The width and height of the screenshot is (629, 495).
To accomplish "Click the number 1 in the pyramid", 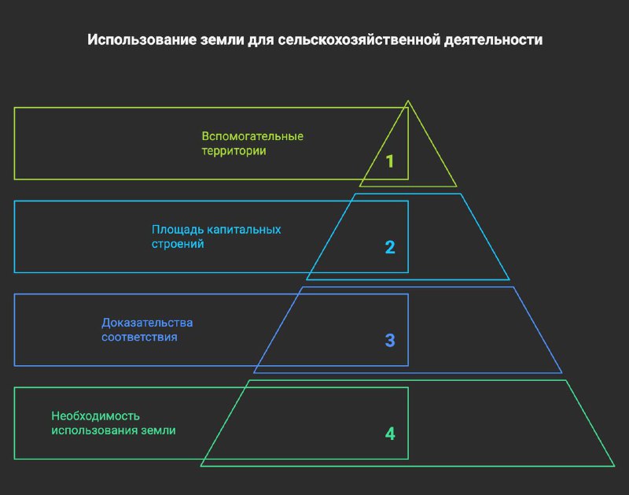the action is pos(389,161).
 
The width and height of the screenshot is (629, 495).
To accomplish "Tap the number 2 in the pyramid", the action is pos(390,247).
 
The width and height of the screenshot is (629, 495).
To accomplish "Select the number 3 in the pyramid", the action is pos(390,341).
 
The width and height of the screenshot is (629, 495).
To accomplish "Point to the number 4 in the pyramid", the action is pos(390,434).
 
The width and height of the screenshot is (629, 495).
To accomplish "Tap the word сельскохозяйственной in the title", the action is pos(359,40).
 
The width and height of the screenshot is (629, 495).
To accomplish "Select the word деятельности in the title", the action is pos(493,40).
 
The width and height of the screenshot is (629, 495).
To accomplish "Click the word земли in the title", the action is pos(222,40).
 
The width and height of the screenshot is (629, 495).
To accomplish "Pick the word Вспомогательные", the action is pos(252,136).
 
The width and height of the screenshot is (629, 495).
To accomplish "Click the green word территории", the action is pos(234,151).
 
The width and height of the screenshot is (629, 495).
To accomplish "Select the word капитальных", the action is pos(244,230).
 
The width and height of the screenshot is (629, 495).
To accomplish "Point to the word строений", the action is pos(178,244).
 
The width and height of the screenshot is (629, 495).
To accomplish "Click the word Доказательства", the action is pos(147,323).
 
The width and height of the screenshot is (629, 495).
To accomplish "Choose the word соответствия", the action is pos(139,338).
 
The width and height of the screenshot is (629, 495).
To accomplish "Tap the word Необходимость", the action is pos(95,416).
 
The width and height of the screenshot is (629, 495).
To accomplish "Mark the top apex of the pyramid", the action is pos(408,101).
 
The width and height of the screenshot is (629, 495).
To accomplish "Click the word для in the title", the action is pos(261,41).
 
